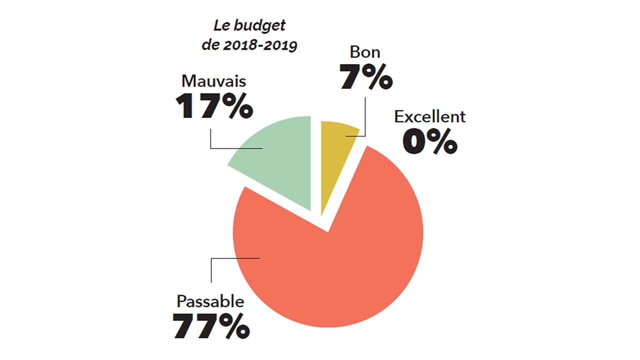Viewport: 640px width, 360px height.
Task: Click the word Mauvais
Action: pyautogui.click(x=213, y=81)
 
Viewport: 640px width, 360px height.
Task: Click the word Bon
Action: pyautogui.click(x=365, y=52)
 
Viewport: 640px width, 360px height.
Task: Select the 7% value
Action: pyautogui.click(x=365, y=77)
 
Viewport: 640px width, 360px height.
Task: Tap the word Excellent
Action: pyautogui.click(x=429, y=117)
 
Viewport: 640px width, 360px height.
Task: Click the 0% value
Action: pyautogui.click(x=429, y=141)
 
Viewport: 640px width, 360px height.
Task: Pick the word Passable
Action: pyautogui.click(x=210, y=301)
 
